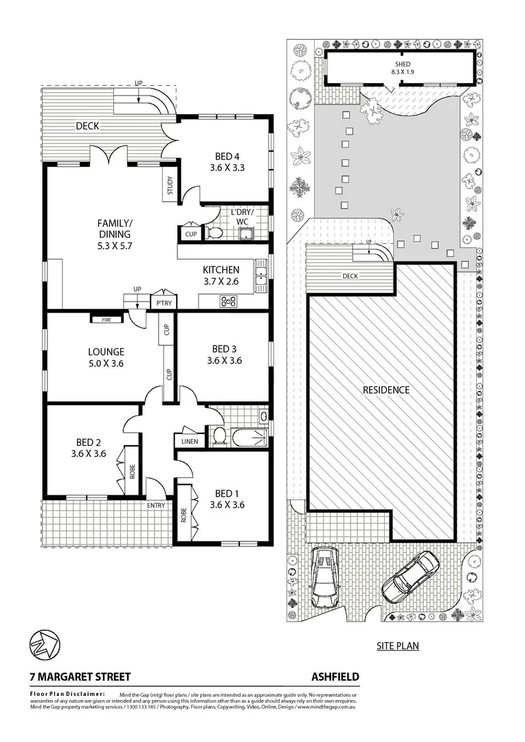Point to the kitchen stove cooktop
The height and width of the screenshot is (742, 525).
[x=228, y=300]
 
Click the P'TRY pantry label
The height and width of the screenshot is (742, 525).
[x=164, y=304]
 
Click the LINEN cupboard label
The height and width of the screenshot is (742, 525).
[x=189, y=440]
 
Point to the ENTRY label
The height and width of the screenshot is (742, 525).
[x=156, y=506]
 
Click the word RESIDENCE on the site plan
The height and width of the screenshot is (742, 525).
[x=386, y=390]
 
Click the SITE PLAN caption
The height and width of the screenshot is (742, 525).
[x=397, y=646]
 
